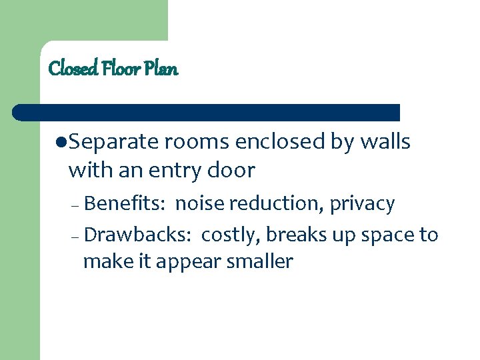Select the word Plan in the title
(x=164, y=68)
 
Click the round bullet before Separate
(x=61, y=143)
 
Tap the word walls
(x=385, y=143)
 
